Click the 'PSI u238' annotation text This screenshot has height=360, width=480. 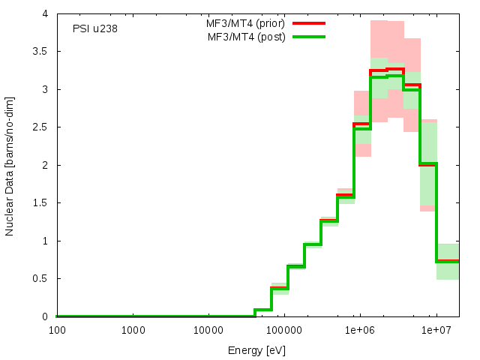95,29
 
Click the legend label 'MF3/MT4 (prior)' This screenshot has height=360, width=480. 246,23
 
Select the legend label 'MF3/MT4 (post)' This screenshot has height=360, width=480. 247,37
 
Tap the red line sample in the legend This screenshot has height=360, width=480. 308,23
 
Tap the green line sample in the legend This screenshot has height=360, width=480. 308,37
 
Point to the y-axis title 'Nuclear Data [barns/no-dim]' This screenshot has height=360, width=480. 10,165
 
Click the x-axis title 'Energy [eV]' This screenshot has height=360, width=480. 257,350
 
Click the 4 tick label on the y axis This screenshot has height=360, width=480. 46,13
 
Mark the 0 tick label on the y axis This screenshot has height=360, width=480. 46,316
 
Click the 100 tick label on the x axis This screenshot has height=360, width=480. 56,330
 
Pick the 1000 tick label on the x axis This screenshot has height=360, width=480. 133,330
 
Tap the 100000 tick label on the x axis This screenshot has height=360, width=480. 283,330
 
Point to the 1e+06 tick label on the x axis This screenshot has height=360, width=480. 359,330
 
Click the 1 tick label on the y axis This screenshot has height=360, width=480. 46,241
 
